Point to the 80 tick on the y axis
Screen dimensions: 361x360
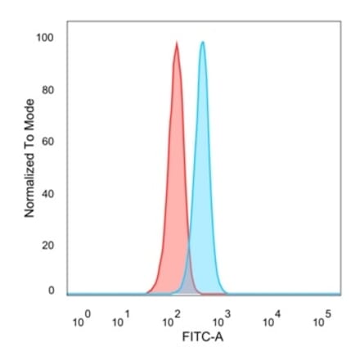coord(47,89)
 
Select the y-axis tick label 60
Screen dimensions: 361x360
coord(47,142)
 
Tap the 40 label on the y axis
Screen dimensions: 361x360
coord(47,194)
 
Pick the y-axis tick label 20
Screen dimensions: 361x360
coord(47,246)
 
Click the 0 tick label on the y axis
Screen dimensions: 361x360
coord(51,291)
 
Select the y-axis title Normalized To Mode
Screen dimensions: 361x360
coord(29,158)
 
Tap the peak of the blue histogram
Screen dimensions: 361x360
coord(202,43)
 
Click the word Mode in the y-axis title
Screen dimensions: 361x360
coord(29,115)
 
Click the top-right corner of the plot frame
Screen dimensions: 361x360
coord(340,25)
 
